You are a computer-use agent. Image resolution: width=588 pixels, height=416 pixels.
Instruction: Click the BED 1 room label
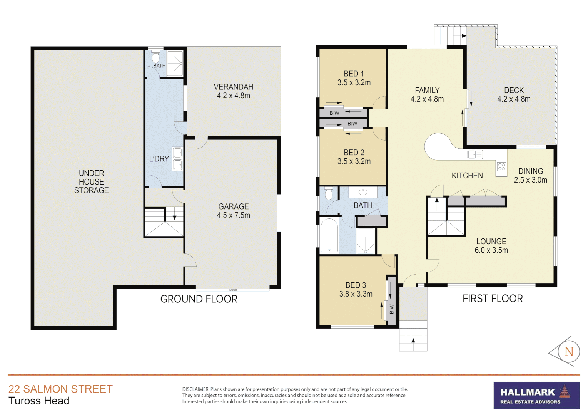pos(354,78)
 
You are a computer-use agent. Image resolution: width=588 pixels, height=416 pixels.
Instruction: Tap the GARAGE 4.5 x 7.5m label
pos(233,211)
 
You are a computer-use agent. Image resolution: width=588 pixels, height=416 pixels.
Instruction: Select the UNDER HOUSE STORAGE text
pos(91,181)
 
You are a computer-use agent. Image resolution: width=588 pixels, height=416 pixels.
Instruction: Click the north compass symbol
pos(568,351)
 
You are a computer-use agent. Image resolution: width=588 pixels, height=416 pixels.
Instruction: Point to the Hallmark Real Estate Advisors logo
pos(536,395)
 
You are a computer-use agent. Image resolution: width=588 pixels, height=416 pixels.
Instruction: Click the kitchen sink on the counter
pos(475,154)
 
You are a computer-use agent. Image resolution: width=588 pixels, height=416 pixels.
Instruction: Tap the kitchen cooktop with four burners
pos(501,167)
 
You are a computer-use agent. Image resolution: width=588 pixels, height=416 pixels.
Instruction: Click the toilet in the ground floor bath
pos(155,58)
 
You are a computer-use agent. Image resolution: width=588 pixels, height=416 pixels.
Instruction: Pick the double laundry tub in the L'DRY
pos(177,159)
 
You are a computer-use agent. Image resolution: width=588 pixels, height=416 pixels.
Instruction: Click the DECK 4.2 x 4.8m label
pos(514,94)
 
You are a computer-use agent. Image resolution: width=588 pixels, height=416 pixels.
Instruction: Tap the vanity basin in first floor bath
pos(362,192)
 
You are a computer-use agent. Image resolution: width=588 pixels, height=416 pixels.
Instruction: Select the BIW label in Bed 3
pos(391,309)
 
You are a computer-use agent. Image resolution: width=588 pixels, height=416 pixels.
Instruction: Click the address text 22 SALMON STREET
pos(60,389)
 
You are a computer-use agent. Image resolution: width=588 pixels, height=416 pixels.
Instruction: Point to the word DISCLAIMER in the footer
pos(195,389)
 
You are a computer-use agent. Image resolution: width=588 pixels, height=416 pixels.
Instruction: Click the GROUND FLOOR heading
pos(199,299)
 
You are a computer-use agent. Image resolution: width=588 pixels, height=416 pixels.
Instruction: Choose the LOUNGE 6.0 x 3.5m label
pos(491,246)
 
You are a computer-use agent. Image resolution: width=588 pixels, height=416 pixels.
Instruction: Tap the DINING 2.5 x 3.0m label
pos(530,175)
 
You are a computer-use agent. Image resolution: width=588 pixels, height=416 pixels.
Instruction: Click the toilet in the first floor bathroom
pos(328,193)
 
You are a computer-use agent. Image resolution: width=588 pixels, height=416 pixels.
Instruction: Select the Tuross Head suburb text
pos(39,401)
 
